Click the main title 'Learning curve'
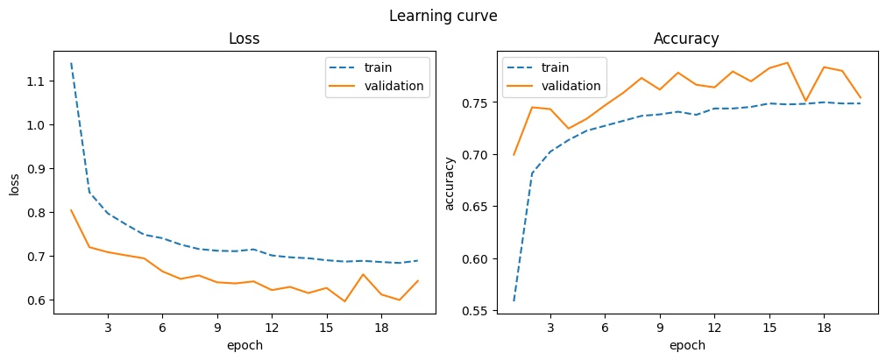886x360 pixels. point(443,17)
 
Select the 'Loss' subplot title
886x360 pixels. point(245,39)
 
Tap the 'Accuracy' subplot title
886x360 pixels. point(686,39)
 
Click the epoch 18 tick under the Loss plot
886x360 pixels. point(381,328)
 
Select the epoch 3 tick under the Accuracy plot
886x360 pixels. point(550,328)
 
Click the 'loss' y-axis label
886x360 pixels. point(15,184)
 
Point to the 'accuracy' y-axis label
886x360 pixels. point(450,184)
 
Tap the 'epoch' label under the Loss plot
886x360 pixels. point(245,345)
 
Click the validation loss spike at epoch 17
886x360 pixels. point(363,274)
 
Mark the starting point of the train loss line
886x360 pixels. point(71,63)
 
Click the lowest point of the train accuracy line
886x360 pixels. point(514,300)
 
